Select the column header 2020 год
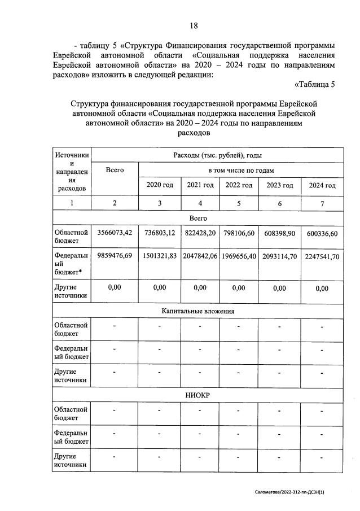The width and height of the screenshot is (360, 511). click(x=160, y=185)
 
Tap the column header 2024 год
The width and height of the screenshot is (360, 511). click(x=322, y=186)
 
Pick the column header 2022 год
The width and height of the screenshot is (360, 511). click(x=238, y=185)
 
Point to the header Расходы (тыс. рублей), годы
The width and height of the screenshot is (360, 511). click(x=217, y=154)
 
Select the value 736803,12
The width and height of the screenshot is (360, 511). click(x=160, y=233)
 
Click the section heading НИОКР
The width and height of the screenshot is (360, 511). click(x=197, y=395)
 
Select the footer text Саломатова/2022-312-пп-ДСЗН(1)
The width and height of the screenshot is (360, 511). click(x=289, y=492)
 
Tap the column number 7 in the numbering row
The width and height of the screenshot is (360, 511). click(x=322, y=204)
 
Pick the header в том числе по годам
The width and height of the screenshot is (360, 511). click(x=241, y=169)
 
